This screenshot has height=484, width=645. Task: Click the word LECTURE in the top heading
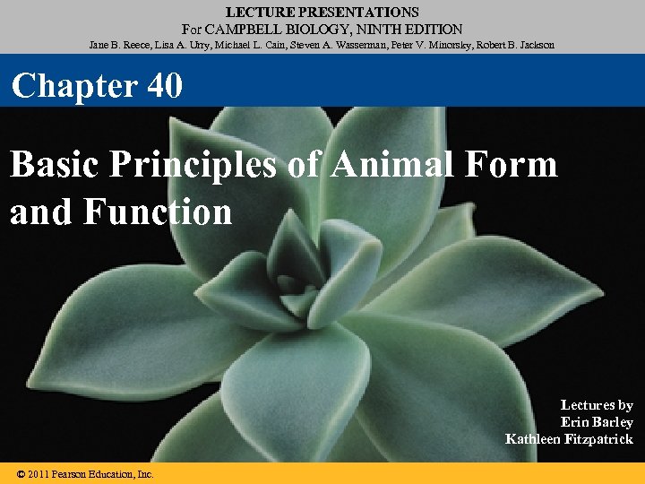click(256, 13)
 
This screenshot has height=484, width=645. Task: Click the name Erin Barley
click(597, 422)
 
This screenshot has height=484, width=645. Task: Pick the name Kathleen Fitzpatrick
click(569, 439)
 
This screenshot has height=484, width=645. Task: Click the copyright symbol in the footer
click(21, 474)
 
